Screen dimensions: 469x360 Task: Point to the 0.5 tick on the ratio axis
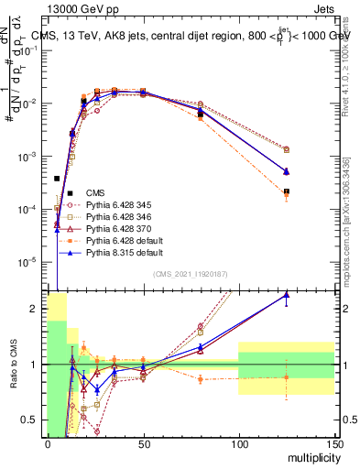point(33,420)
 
